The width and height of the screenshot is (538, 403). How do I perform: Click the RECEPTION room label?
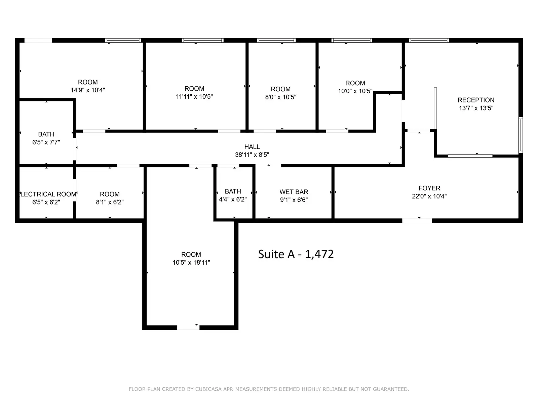[476, 100]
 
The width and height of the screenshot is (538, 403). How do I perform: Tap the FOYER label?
[429, 188]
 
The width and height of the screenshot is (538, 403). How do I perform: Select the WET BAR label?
[294, 192]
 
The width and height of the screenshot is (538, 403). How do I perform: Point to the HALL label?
[252, 147]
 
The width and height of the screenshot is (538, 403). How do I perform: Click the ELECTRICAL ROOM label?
[48, 194]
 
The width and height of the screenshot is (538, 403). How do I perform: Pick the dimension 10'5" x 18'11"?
[191, 263]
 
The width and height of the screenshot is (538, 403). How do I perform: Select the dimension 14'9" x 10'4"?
[88, 90]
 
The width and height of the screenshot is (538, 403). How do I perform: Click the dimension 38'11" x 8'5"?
[252, 155]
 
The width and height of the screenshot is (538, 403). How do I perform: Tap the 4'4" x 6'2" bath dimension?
[233, 199]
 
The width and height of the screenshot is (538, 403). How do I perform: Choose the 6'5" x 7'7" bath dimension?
[46, 142]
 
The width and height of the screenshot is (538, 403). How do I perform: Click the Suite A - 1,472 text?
[296, 254]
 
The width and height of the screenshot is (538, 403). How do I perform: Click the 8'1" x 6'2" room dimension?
[110, 202]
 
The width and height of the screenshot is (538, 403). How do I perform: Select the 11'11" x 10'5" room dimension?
[194, 97]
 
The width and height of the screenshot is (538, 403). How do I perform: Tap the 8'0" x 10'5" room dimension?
[281, 97]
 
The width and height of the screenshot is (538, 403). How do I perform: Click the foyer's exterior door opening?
[417, 220]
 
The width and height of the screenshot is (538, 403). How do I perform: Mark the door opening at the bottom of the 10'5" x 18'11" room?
[188, 328]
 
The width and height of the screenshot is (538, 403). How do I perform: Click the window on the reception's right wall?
[521, 135]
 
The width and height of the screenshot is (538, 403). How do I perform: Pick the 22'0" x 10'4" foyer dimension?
[429, 196]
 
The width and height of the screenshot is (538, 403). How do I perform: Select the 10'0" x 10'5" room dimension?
[355, 91]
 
